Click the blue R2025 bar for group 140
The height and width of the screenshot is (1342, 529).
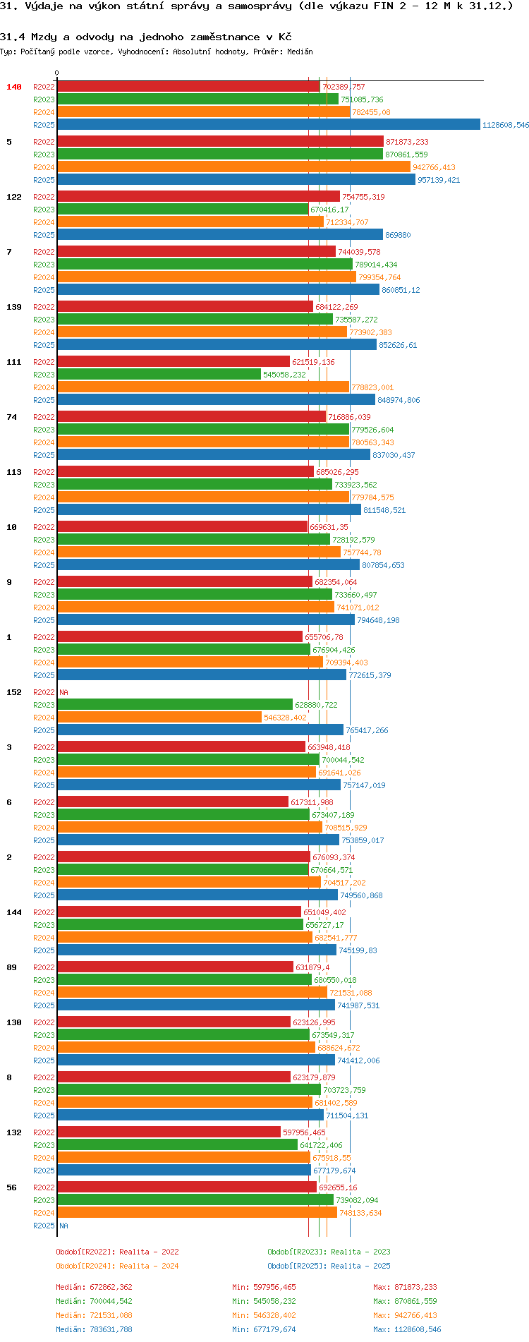pyautogui.click(x=268, y=125)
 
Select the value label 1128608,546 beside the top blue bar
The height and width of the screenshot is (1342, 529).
pyautogui.click(x=505, y=125)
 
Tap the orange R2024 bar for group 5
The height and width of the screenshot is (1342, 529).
pyautogui.click(x=233, y=167)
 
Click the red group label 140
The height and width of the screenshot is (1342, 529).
pyautogui.click(x=14, y=87)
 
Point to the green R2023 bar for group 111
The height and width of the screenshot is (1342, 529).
pyautogui.click(x=159, y=375)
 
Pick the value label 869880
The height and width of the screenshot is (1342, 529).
pyautogui.click(x=398, y=235)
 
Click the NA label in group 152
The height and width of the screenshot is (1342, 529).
pyautogui.click(x=63, y=692)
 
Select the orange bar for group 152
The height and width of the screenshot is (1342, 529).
pyautogui.click(x=159, y=718)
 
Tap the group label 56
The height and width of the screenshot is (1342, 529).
pyautogui.click(x=11, y=1187)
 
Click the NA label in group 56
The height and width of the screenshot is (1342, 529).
pyautogui.click(x=63, y=1226)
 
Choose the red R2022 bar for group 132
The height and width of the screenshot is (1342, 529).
pyautogui.click(x=169, y=1132)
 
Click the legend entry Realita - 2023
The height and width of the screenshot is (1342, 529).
pyautogui.click(x=329, y=1252)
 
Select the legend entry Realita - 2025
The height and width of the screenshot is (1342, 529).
pyautogui.click(x=329, y=1266)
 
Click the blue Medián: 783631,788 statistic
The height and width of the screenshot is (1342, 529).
pyautogui.click(x=94, y=1329)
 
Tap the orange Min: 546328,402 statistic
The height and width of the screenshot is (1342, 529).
pyautogui.click(x=264, y=1315)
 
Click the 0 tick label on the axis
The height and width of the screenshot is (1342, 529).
pyautogui.click(x=57, y=73)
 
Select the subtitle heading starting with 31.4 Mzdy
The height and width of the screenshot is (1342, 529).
pyautogui.click(x=145, y=37)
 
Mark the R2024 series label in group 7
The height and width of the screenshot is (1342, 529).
pyautogui.click(x=44, y=277)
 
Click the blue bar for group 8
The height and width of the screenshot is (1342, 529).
pyautogui.click(x=190, y=1116)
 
